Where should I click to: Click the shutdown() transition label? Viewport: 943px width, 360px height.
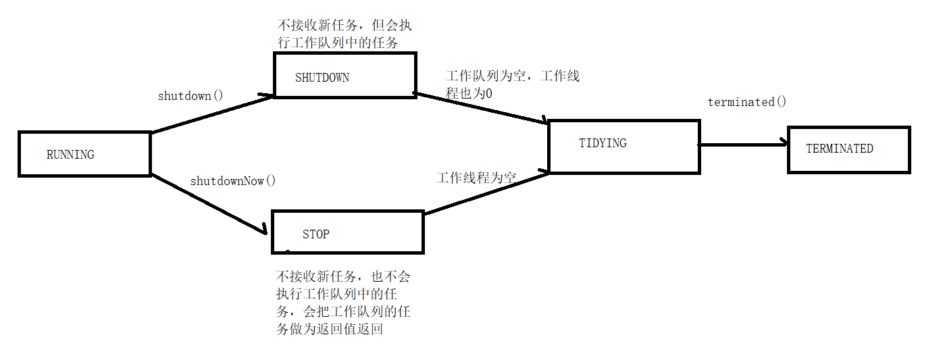190,96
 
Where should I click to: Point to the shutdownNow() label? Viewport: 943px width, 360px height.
233,181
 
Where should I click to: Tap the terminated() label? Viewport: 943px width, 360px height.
747,103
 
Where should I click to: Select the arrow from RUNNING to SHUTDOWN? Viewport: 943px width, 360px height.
212,114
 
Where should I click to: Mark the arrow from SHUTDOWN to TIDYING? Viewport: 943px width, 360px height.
481,108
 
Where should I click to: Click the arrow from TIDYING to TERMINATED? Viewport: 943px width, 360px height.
743,143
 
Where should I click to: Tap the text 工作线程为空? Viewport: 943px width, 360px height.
476,178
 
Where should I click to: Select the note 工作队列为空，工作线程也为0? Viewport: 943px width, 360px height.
512,85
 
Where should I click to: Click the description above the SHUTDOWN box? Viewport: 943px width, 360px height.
345,34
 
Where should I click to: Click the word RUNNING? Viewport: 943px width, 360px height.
70,155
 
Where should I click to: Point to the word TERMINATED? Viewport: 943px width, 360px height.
840,149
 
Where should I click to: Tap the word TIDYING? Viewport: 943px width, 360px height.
603,143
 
